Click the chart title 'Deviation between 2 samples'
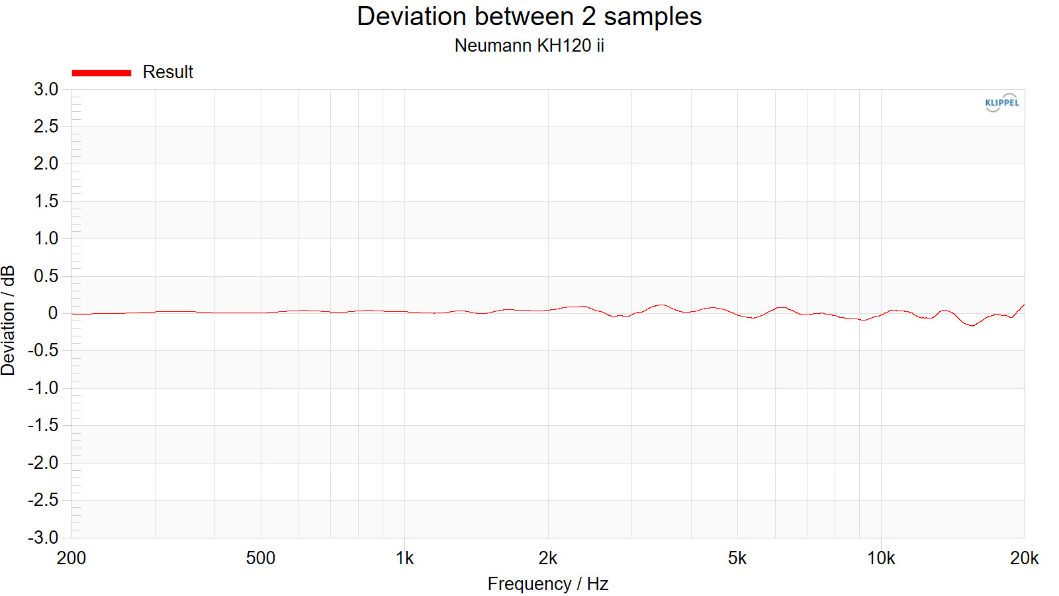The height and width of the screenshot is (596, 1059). pos(529,17)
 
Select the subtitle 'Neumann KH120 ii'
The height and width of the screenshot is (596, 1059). pos(529,46)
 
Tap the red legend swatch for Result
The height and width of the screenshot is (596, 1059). pos(101,73)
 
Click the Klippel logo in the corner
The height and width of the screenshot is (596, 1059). pos(1001,103)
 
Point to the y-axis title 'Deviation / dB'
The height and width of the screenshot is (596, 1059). pos(8,321)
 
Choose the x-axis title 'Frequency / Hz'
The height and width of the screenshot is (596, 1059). pos(547,583)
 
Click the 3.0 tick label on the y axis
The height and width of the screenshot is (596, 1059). pos(46,89)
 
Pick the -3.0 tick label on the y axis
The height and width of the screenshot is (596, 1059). pos(43,537)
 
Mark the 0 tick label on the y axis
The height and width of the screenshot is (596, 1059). pos(53,313)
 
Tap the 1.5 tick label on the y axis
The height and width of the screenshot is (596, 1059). pos(46,201)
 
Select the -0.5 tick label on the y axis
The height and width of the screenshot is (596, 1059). pos(43,350)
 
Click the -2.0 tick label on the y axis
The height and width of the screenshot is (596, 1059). pos(43,462)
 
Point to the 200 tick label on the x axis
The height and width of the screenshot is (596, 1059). pos(71,558)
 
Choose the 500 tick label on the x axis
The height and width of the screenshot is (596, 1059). pos(260,558)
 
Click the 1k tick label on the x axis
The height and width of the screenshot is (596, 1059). pos(404,558)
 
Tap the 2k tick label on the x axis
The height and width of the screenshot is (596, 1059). pos(547,558)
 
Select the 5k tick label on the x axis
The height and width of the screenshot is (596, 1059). pos(737,558)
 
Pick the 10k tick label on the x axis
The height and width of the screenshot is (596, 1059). pos(881,558)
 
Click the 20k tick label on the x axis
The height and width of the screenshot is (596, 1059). pos(1024,558)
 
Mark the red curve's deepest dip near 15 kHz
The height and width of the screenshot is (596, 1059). pos(972,325)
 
